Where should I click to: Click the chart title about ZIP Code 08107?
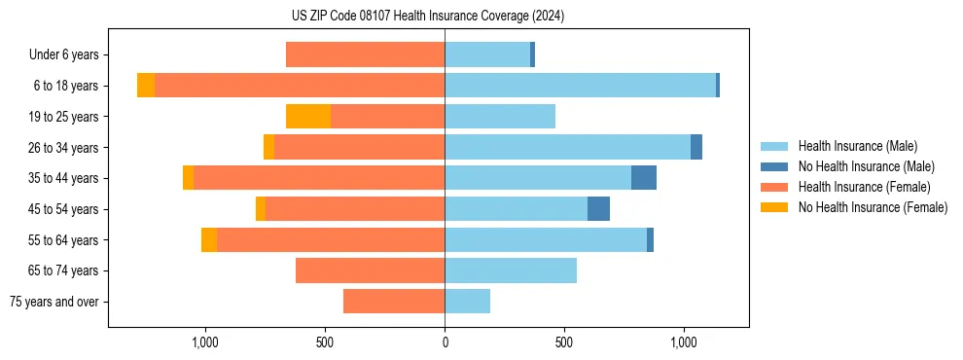427,16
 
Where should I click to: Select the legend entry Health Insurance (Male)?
857,146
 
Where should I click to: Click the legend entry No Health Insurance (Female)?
873,207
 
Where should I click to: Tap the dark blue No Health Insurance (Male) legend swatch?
774,166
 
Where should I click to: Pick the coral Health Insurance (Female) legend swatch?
774,187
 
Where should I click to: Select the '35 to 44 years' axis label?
63,178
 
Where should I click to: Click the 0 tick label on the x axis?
445,342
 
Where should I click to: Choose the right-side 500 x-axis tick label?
564,342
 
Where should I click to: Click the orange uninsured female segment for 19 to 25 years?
308,117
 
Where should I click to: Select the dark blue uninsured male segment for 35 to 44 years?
644,178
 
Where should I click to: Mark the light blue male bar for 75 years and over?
467,302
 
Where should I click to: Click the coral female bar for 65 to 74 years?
370,270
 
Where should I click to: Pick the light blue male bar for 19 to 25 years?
500,117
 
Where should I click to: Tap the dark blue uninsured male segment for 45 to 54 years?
598,209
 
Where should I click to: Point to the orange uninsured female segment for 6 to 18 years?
146,86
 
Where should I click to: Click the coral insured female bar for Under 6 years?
365,54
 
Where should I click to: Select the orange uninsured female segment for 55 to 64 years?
209,240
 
